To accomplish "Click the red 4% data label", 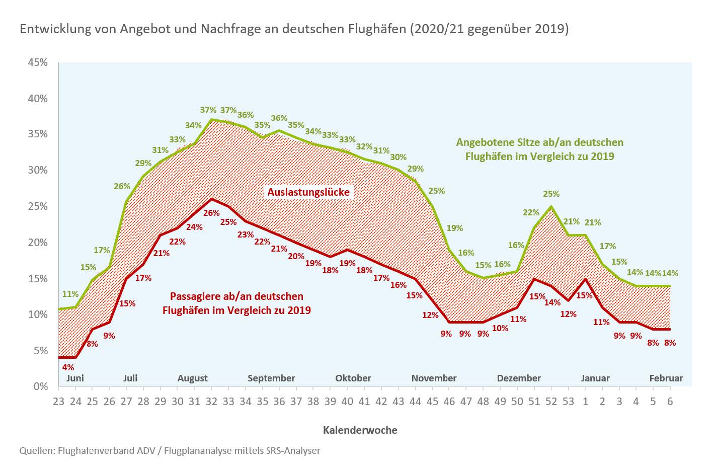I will (68, 367).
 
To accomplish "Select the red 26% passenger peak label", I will (211, 213).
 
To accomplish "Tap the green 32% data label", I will (364, 146).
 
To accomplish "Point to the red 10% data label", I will (500, 328).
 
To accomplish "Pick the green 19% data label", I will (454, 228).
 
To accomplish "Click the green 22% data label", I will (531, 212).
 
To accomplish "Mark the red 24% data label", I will (194, 227).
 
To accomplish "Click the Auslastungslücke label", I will (308, 192).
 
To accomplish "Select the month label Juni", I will (75, 378).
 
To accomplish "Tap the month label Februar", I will (666, 378).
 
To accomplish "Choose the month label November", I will (434, 378).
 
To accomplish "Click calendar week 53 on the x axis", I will (568, 401).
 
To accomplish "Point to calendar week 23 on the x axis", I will (58, 401).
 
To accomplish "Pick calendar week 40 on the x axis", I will (347, 401).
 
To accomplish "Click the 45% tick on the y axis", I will (38, 62).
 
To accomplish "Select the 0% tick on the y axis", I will (40, 386).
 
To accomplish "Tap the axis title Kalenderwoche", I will (360, 430).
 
